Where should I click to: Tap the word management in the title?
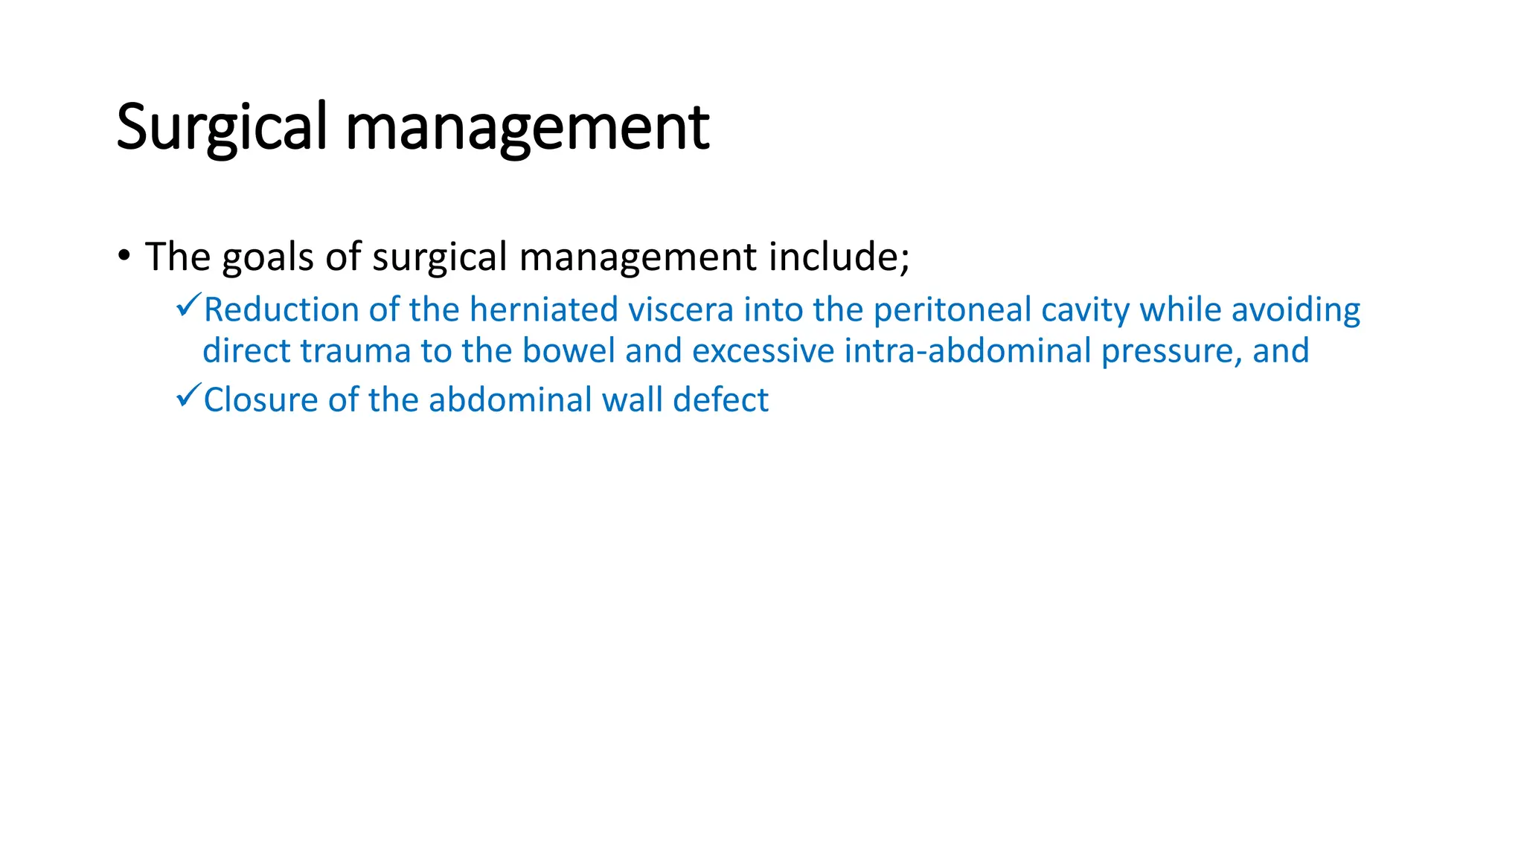pyautogui.click(x=528, y=128)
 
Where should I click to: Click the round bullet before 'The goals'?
pyautogui.click(x=124, y=256)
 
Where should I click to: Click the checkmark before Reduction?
pyautogui.click(x=188, y=305)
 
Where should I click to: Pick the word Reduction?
pyautogui.click(x=281, y=309)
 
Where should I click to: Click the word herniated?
pyautogui.click(x=544, y=309)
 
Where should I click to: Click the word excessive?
pyautogui.click(x=763, y=351)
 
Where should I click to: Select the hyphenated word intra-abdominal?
pyautogui.click(x=967, y=351)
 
